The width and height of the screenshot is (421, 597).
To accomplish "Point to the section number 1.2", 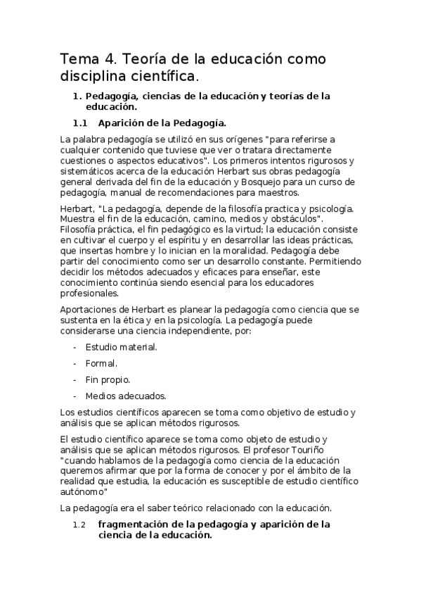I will [79, 524].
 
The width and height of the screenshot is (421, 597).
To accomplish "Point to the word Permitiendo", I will [334, 260].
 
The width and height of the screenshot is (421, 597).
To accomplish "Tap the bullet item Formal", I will [101, 363].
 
